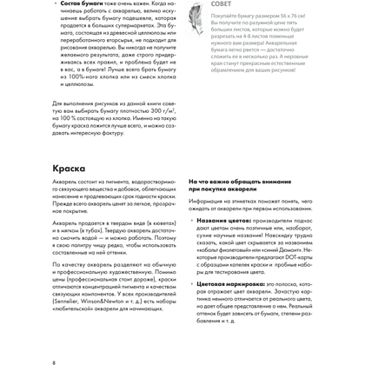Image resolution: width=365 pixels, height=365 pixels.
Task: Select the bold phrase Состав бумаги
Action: coord(85,3)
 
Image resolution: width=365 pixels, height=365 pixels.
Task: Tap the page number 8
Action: coord(54,360)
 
